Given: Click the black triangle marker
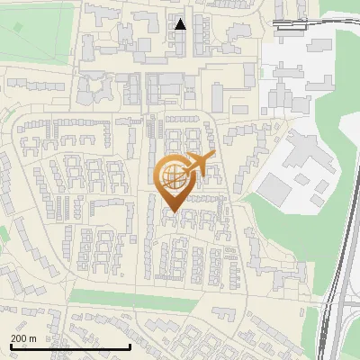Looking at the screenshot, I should (x=180, y=24).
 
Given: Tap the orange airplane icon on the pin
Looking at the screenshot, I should (x=200, y=165).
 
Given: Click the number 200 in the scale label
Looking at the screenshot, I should (x=19, y=338).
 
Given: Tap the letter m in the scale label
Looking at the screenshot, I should (x=32, y=338).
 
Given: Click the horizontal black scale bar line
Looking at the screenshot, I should (x=70, y=346).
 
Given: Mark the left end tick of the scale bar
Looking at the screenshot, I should (x=10, y=345).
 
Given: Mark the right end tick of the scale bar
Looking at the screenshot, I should (x=130, y=345).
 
